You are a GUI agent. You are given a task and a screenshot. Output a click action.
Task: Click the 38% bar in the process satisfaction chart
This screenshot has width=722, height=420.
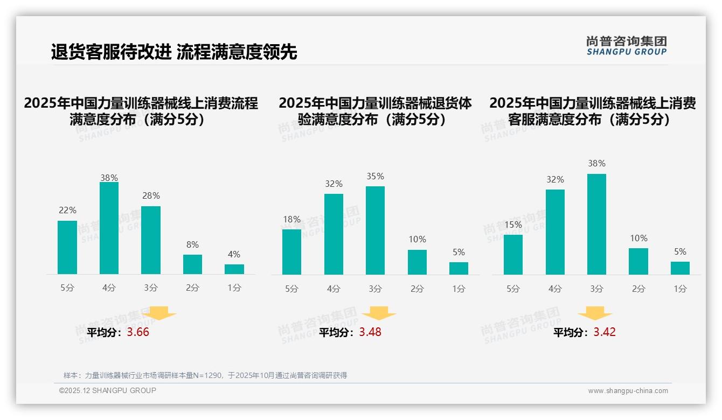click(109, 228)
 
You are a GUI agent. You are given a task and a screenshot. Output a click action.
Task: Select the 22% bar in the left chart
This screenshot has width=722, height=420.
click(67, 247)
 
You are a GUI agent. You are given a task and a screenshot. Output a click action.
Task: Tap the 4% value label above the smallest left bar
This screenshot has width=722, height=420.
click(234, 255)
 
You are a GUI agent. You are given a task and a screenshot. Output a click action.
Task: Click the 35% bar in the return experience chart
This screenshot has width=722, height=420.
click(375, 230)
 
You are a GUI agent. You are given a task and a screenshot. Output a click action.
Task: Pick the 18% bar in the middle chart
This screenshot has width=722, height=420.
click(291, 252)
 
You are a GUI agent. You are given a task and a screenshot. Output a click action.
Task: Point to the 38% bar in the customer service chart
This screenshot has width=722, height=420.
click(596, 224)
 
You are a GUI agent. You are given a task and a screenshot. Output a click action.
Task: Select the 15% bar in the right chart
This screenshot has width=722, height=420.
click(513, 255)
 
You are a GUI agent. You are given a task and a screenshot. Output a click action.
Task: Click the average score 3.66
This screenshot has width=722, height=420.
click(138, 332)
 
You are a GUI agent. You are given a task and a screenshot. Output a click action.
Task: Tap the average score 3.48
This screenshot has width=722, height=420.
click(370, 332)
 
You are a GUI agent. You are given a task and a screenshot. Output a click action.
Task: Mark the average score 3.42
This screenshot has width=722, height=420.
click(605, 332)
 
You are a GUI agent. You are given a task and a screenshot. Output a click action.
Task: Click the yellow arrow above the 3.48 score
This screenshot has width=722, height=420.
click(379, 314)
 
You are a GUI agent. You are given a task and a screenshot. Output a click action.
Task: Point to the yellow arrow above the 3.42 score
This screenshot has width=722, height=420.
click(595, 313)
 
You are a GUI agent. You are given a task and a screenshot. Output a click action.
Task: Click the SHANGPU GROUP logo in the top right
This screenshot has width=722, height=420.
click(627, 45)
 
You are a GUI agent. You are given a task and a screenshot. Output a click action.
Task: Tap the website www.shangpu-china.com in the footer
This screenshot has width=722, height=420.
click(628, 391)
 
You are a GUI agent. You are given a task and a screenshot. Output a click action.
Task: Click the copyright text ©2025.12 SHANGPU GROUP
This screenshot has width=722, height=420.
click(108, 391)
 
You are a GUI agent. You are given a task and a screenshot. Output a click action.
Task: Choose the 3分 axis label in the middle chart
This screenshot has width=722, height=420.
click(375, 289)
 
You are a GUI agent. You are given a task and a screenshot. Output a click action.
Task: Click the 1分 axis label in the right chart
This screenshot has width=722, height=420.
click(680, 289)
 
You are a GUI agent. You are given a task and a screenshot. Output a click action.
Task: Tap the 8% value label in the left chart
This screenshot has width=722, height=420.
click(192, 244)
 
